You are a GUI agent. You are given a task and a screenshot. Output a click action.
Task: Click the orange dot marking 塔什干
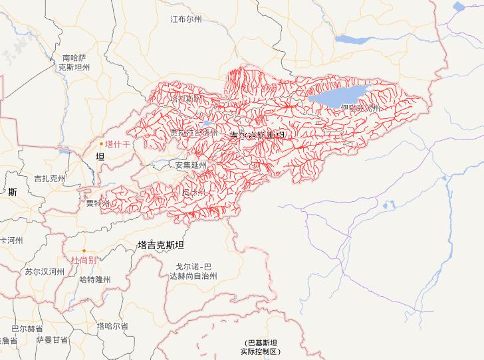point(102,143)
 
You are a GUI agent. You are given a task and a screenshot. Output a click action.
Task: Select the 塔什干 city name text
point(118,143)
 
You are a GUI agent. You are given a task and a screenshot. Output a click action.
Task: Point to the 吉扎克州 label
point(50,179)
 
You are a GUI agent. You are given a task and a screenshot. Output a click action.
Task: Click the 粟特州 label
point(98,203)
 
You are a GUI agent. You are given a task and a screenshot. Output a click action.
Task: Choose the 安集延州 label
point(191,165)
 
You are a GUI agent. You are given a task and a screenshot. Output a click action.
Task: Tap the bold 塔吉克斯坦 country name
point(160,244)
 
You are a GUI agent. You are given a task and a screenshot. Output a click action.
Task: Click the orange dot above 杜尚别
point(84,250)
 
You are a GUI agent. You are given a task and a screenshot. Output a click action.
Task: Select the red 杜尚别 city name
point(84,260)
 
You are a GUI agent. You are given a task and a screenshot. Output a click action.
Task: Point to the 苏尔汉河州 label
point(45,272)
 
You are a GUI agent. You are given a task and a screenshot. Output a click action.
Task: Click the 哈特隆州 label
point(94,280)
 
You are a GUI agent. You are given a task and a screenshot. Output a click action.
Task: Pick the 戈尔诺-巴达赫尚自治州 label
point(188,270)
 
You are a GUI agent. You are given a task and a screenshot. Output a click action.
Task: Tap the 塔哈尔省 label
point(112,326)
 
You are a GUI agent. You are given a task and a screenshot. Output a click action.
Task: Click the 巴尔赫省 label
point(27,329)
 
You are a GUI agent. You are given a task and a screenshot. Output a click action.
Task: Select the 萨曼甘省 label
point(53,340)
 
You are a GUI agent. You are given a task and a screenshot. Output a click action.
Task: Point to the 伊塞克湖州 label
point(359,108)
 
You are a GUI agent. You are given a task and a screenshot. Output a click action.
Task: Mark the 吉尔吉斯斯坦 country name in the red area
point(257,135)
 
